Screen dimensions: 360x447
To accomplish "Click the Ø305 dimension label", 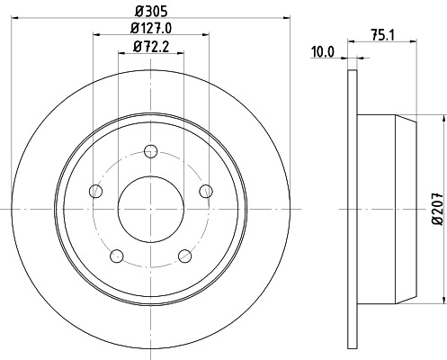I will click(151, 11).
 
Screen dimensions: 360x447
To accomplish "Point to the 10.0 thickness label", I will click(323, 52).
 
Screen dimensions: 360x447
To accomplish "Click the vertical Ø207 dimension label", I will click(436, 208).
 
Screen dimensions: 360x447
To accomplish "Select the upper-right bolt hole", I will click(206, 190).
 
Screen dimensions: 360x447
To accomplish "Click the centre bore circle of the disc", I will click(151, 208).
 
